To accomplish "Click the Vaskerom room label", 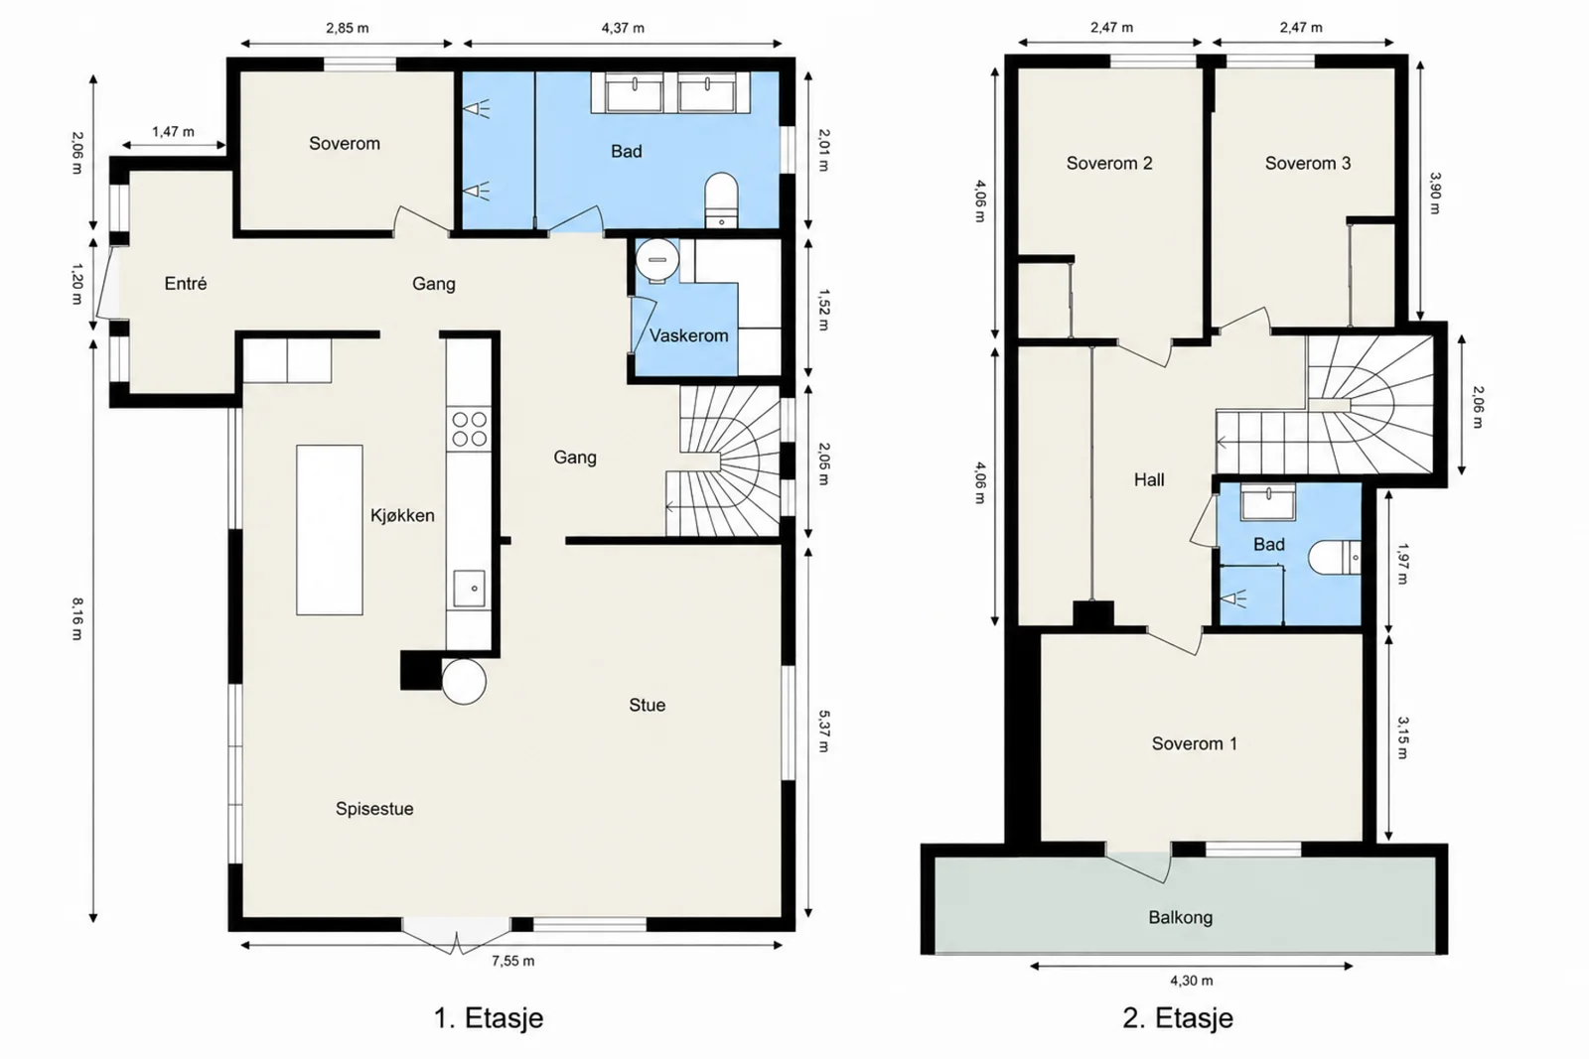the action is (689, 335).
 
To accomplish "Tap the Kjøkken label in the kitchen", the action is (402, 515).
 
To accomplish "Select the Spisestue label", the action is (374, 809).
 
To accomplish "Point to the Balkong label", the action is (1181, 918).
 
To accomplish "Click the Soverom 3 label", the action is (1307, 163).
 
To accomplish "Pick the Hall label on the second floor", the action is (1148, 480).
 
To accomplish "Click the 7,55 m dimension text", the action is (512, 961).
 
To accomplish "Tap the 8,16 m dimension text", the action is (77, 618).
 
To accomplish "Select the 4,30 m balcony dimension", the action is (1191, 981).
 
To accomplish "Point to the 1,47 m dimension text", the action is (173, 132).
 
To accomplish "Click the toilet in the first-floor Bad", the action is (721, 199).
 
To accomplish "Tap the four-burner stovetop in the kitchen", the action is (469, 429).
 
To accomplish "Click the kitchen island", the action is (329, 530).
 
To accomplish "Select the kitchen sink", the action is (469, 589).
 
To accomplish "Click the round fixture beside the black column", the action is (464, 681).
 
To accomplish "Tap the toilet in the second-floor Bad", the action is (1335, 558).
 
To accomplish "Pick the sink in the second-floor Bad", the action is (1267, 502).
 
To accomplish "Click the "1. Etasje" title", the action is (488, 1018).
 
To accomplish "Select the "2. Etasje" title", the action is (1178, 1018).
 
